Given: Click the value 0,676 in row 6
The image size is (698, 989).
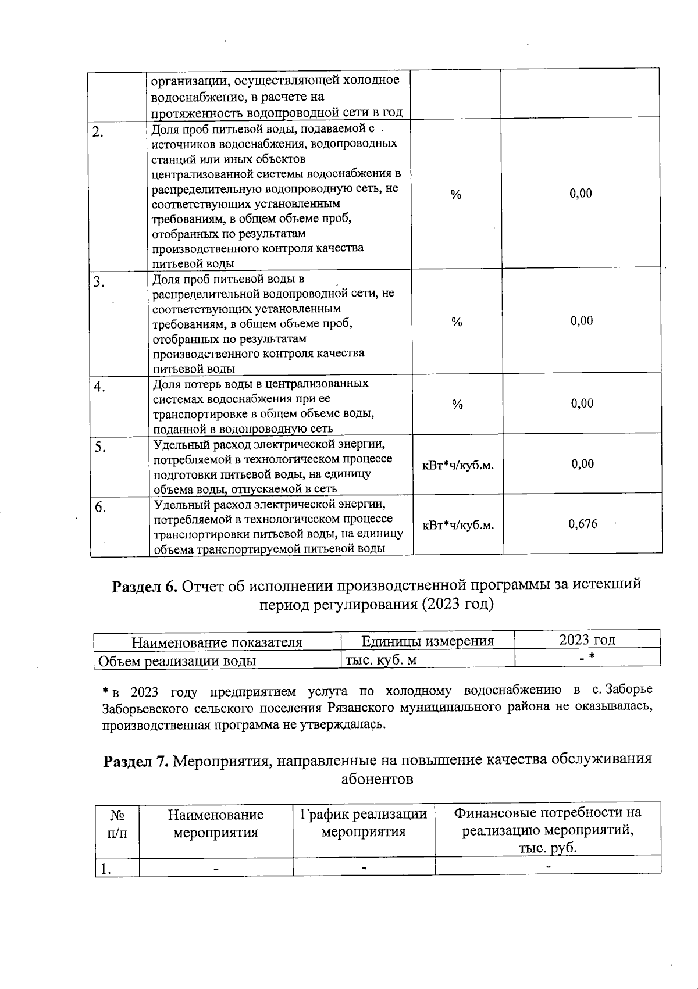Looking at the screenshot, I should tap(582, 524).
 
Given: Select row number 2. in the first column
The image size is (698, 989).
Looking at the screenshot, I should tap(98, 132).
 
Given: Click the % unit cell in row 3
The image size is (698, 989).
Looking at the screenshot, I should tap(457, 322).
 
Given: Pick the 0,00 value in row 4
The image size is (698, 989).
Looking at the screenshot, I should tap(582, 404).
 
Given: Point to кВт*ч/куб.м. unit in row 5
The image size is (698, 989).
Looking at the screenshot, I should tap(458, 465).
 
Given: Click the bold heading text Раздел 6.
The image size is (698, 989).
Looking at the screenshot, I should tap(144, 584).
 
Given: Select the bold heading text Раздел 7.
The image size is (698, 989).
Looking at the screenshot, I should tap(136, 760).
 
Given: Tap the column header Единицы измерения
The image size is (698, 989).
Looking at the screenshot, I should tap(428, 641).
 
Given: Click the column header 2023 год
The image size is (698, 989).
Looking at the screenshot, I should tap(587, 640).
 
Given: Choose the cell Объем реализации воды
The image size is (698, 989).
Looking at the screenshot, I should tap(177, 660).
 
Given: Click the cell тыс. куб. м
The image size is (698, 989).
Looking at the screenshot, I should tap(380, 660).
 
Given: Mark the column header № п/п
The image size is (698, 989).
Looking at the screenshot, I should tap(117, 823).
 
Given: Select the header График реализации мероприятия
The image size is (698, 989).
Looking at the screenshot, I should tap(364, 822).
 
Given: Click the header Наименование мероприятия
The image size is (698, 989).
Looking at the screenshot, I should tap(216, 823).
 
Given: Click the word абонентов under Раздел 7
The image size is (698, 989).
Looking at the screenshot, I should tap(377, 779).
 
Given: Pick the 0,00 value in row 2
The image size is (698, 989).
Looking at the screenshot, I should tap(581, 194).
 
